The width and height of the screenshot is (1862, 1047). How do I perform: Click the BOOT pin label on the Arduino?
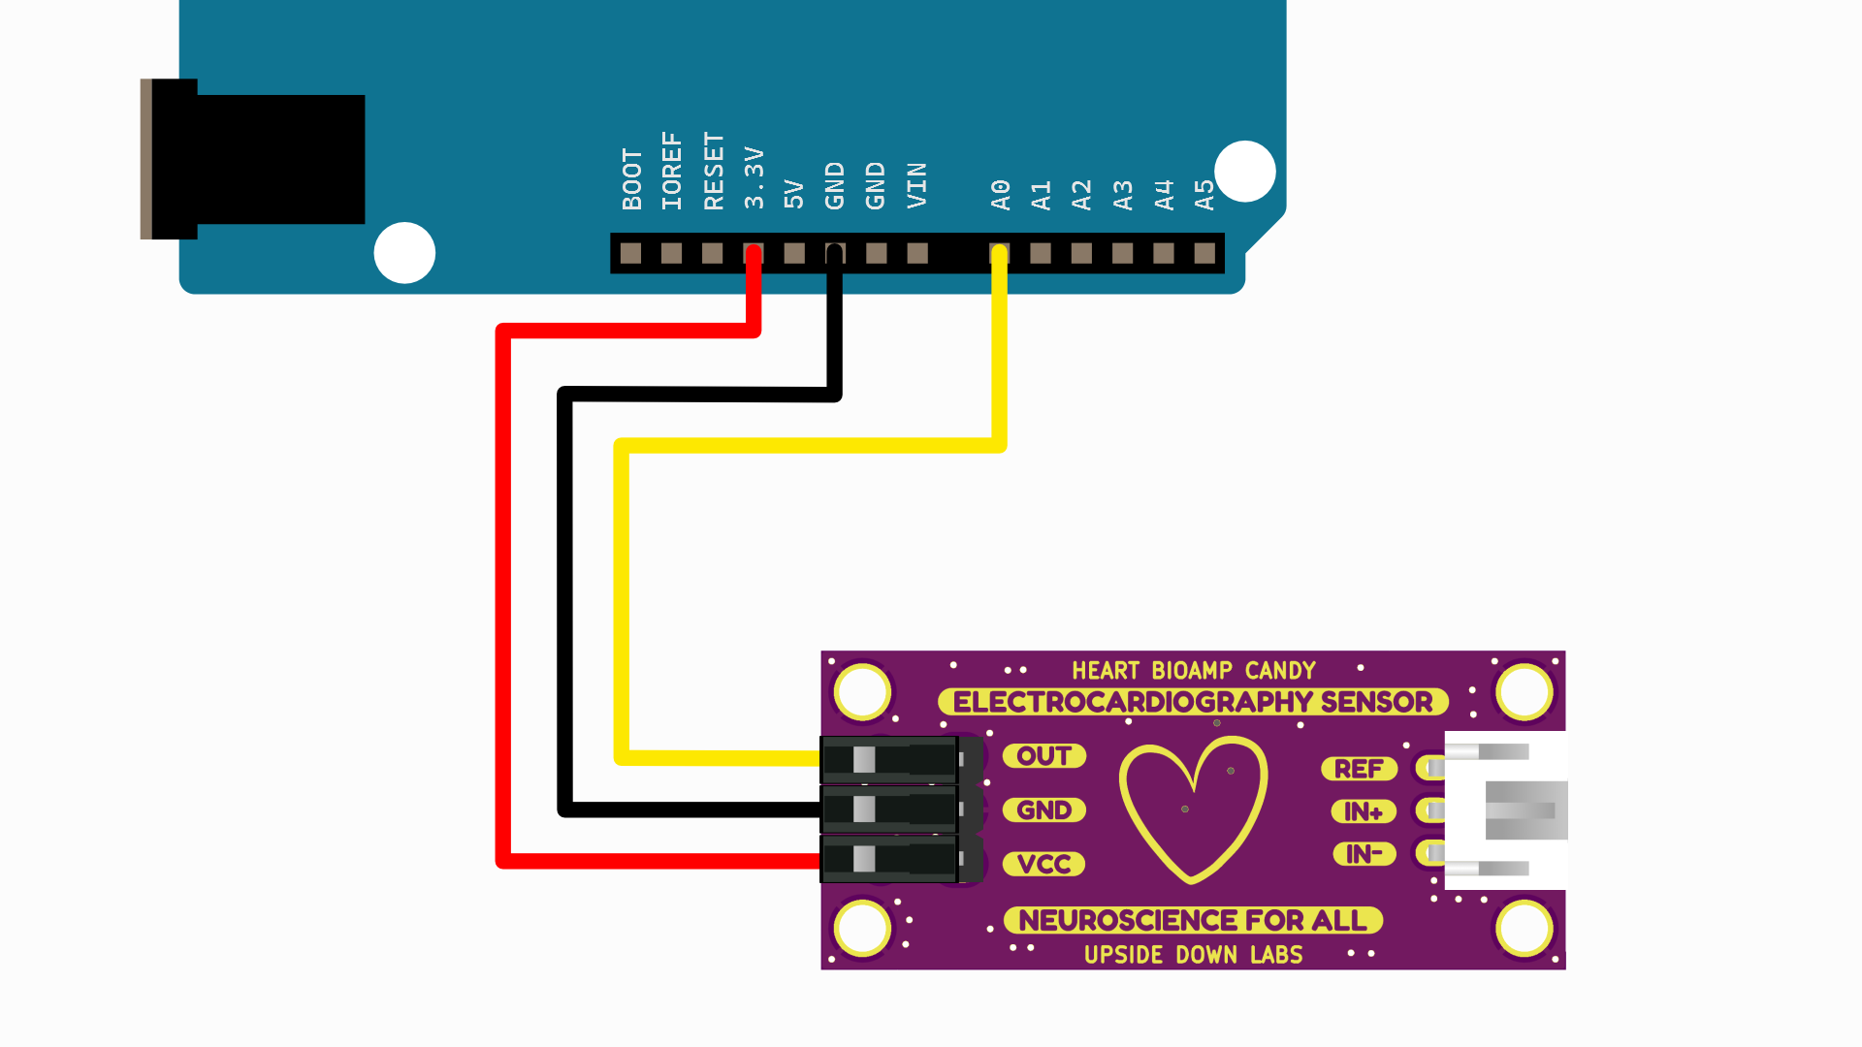(x=632, y=179)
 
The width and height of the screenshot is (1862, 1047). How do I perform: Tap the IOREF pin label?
(x=672, y=171)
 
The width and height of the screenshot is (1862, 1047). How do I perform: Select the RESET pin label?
(x=714, y=171)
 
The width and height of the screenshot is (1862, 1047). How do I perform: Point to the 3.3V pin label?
(x=754, y=178)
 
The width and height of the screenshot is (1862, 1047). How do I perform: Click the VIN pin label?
(x=917, y=185)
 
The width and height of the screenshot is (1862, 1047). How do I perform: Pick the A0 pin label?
(x=1001, y=194)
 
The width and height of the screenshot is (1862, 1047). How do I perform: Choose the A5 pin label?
(x=1204, y=194)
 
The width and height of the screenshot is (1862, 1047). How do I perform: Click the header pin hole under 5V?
(x=794, y=254)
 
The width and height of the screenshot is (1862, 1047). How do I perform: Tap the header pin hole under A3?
(x=1122, y=254)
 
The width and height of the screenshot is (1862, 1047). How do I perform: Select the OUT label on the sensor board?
(x=1043, y=756)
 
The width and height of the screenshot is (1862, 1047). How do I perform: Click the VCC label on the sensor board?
(x=1043, y=864)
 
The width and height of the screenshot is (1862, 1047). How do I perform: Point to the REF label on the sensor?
(x=1358, y=769)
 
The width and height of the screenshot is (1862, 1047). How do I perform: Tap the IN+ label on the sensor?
(x=1363, y=811)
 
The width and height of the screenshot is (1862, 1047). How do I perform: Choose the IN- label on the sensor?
(x=1363, y=854)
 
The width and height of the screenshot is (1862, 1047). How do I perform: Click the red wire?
(x=502, y=582)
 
